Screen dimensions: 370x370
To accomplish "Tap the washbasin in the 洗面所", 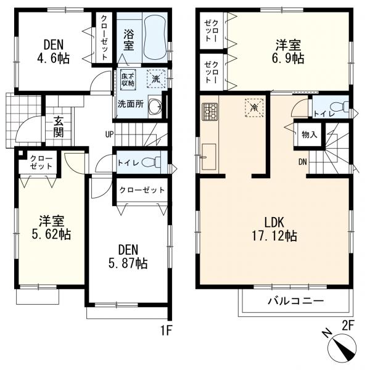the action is coord(155,105).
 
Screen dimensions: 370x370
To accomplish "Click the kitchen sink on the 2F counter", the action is coord(209,157).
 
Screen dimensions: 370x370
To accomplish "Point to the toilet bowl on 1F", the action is coord(151,162).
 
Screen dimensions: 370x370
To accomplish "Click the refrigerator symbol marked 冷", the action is coord(254,107).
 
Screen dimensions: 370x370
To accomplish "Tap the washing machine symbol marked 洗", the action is coord(156,79).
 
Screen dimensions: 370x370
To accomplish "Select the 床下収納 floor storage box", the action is coord(128,80).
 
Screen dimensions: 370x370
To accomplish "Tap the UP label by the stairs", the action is coord(110,134).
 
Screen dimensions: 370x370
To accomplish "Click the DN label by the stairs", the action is coord(303,162).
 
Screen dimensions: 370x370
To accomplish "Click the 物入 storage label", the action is coord(310,135).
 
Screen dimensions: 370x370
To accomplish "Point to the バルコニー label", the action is coord(295,301).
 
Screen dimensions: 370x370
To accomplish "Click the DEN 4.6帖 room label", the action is coord(54,51).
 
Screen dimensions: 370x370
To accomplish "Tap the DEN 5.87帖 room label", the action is coord(128,257).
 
